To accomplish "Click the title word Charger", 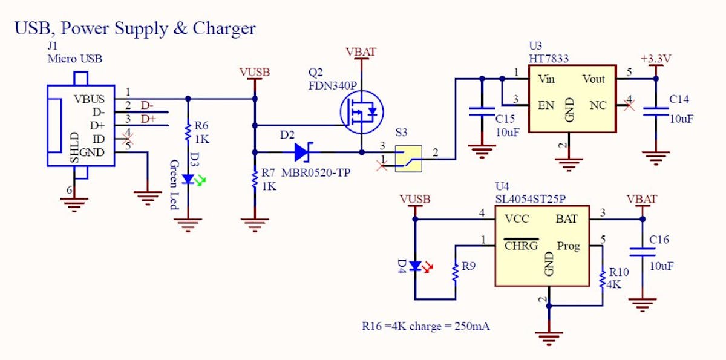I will [224, 28].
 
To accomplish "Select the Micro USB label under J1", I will [75, 59].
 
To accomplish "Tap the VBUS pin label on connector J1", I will [89, 99].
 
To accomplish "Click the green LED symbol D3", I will [188, 179].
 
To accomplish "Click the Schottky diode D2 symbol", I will [301, 152].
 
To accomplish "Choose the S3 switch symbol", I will [408, 159].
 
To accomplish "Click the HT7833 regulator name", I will [549, 58].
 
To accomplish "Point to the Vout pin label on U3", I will [593, 79].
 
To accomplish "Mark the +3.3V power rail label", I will [656, 59].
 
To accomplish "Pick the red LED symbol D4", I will [415, 266].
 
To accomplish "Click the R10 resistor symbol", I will [602, 280].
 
